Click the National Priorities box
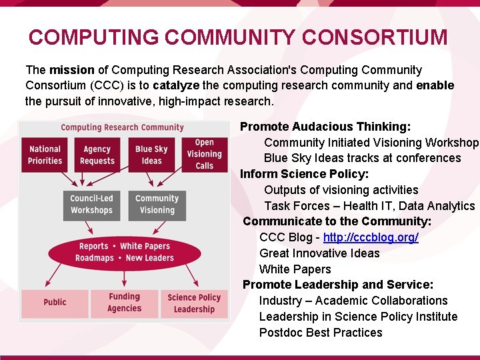coord(45,155)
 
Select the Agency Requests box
coord(97,155)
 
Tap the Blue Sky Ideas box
coord(151,155)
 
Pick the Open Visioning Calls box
coord(204,154)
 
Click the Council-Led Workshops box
coord(91,204)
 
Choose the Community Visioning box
coord(157,204)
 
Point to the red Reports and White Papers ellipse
coord(124,252)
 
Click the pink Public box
coord(55,303)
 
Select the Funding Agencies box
coord(124,303)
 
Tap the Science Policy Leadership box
coord(194,303)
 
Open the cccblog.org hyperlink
coord(371,237)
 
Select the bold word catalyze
coord(177,86)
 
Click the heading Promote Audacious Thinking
coord(325,127)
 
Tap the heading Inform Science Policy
coord(304,174)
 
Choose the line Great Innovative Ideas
coord(319,253)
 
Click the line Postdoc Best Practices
coord(321,333)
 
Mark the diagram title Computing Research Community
coord(122,127)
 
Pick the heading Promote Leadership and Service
coord(338,285)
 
